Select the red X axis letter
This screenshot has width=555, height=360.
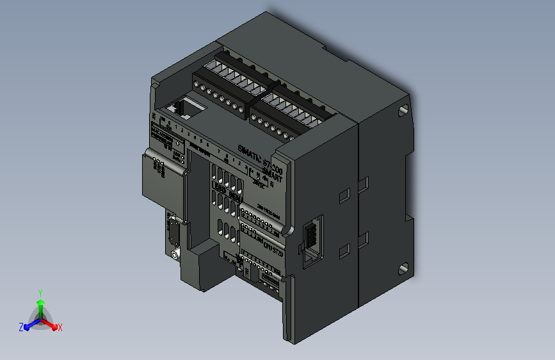(x=60, y=327)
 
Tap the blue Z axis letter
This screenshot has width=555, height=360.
(x=21, y=327)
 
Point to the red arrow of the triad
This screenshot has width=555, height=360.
(x=51, y=324)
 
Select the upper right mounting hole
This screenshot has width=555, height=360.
(x=403, y=110)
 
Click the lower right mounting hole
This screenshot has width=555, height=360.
(x=403, y=266)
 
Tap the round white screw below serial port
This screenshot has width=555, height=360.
(x=175, y=256)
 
